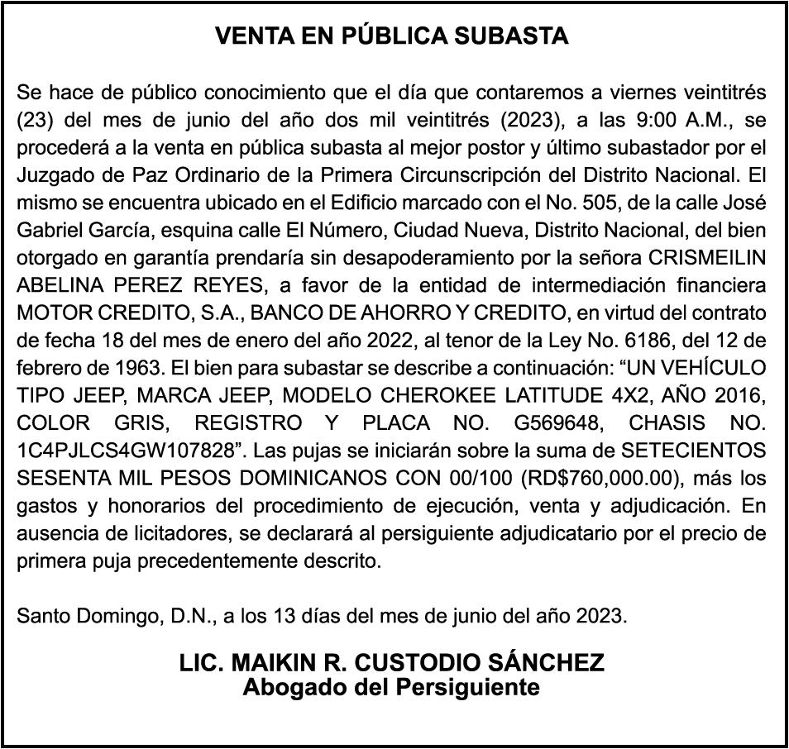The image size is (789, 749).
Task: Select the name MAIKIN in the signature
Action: [x=274, y=663]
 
